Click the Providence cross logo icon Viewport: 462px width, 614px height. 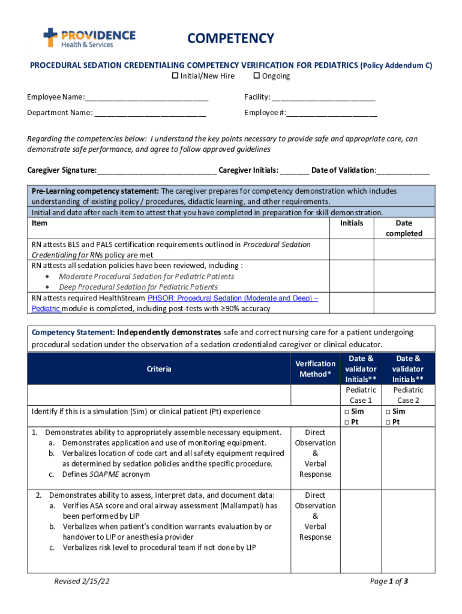tap(50, 37)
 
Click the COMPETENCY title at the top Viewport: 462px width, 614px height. tap(230, 39)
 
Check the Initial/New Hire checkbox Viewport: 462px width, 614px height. tap(175, 76)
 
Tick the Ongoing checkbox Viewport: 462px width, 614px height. tap(257, 76)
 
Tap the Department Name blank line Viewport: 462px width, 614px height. tap(150, 113)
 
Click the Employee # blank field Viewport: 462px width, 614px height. tap(332, 113)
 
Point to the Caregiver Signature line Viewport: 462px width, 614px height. tap(157, 171)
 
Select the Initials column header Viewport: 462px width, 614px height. tap(352, 223)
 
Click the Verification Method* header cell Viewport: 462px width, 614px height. tap(315, 369)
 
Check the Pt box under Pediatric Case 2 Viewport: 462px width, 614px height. tap(388, 422)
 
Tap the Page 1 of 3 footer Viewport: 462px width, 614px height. tap(389, 581)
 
